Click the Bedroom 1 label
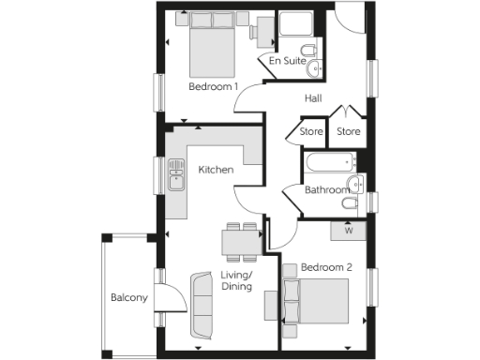pos(213,87)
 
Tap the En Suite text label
pos(287,61)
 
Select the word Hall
pos(315,97)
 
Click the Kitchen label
pos(216,170)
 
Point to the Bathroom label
pos(327,190)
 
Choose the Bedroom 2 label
pos(326,268)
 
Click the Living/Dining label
pos(239,281)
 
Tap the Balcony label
pos(128,298)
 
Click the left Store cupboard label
pos(311,132)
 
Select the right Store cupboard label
pos(349,132)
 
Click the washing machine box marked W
pos(348,229)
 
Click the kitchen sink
pos(175,174)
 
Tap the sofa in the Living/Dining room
pos(202,305)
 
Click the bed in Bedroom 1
pos(214,46)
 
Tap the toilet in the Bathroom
pos(350,202)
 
